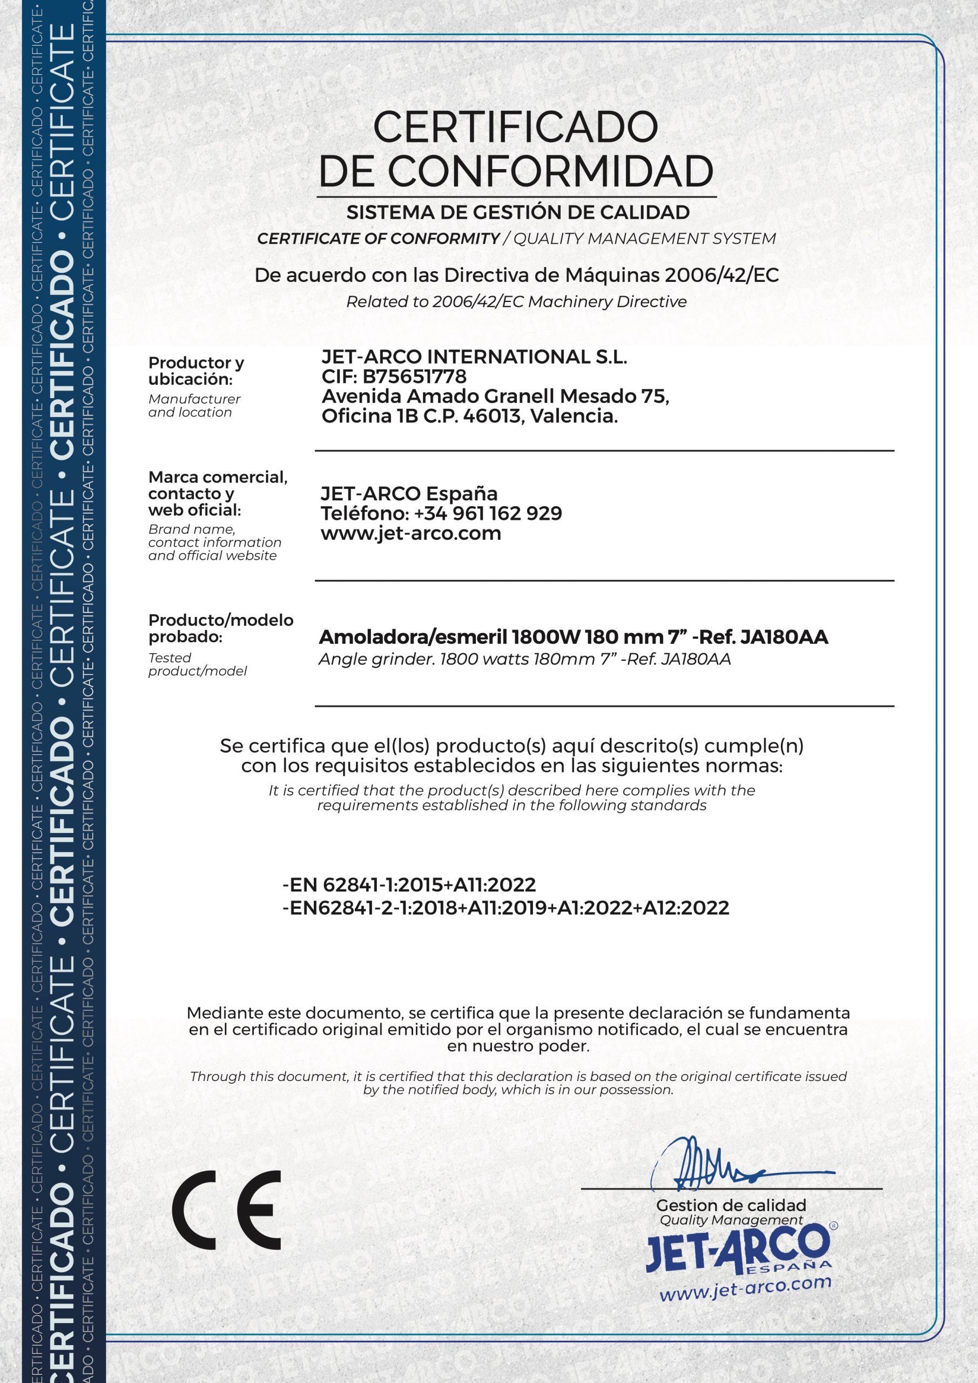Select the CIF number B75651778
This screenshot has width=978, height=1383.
(414, 377)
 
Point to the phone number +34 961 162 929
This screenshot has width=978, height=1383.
(488, 513)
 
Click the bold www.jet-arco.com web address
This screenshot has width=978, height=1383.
(411, 533)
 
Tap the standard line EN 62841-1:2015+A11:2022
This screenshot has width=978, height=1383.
(409, 884)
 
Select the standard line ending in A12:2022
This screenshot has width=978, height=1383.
(506, 907)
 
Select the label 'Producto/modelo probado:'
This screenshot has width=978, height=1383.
(220, 628)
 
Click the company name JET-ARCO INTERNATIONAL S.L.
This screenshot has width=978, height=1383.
(475, 357)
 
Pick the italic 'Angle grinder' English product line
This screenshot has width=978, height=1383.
(524, 659)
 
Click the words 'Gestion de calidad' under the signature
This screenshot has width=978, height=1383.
(731, 1205)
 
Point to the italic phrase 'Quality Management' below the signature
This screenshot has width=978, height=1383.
(731, 1220)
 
